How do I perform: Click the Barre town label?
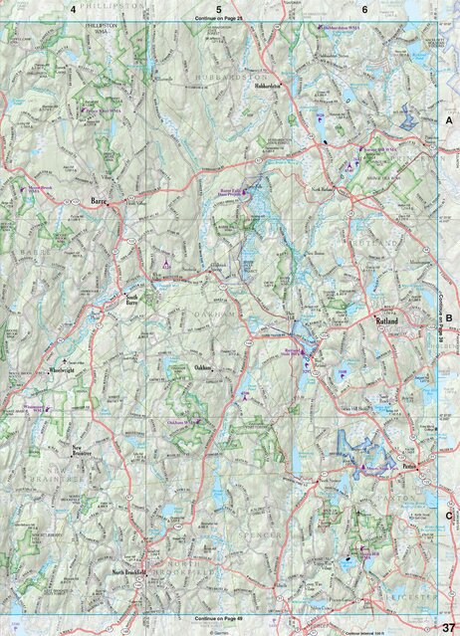(x=99, y=201)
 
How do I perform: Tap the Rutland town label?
(x=386, y=322)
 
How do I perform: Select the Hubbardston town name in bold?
(x=268, y=87)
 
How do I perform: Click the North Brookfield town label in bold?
(x=131, y=573)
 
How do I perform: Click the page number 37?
(x=449, y=625)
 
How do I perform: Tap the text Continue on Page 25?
(x=219, y=18)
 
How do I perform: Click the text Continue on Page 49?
(x=219, y=619)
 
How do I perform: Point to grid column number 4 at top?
(x=73, y=8)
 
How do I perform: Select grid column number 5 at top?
(x=219, y=8)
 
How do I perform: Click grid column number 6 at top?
(x=364, y=8)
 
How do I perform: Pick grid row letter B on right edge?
(x=449, y=319)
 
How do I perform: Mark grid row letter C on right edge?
(x=449, y=516)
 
